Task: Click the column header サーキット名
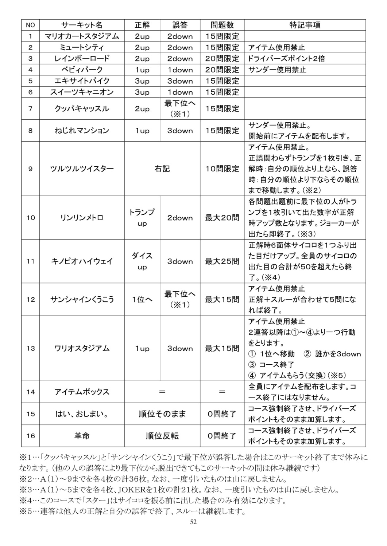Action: point(82,25)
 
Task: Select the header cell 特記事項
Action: point(305,25)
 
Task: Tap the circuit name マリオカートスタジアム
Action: point(82,36)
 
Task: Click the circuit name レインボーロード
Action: point(82,59)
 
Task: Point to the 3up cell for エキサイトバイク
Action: point(142,81)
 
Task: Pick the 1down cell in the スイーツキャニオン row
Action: point(180,92)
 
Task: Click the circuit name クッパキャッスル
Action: point(82,109)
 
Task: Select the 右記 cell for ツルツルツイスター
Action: point(162,169)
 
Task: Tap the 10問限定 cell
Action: point(222,169)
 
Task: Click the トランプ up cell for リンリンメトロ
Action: point(142,218)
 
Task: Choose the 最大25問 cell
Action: point(222,261)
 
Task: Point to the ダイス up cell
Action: point(142,261)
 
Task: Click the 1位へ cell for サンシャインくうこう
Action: point(142,300)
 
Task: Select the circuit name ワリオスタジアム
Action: point(82,349)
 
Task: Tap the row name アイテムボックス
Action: point(82,392)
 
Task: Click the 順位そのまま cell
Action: point(162,414)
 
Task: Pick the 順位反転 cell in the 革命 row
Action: point(162,436)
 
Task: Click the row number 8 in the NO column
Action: point(30,131)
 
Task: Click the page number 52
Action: point(193,522)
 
